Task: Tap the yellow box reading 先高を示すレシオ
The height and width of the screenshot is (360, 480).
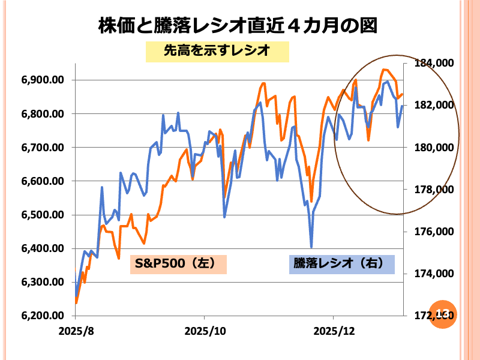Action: point(218,52)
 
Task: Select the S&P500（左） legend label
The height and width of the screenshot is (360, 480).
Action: point(178,263)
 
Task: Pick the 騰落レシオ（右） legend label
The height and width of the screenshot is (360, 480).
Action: point(341,263)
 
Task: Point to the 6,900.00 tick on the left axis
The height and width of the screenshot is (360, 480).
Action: point(43,80)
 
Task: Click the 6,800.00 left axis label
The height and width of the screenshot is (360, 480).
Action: point(43,114)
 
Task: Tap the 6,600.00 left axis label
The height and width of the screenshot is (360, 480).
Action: point(43,181)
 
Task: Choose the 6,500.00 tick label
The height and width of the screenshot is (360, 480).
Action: point(43,215)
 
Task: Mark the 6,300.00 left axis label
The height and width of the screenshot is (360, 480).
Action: point(43,282)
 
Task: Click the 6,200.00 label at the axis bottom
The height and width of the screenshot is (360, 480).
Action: point(43,316)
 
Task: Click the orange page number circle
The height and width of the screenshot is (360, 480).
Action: point(444,313)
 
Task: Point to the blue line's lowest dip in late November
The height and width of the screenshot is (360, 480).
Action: point(311,246)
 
